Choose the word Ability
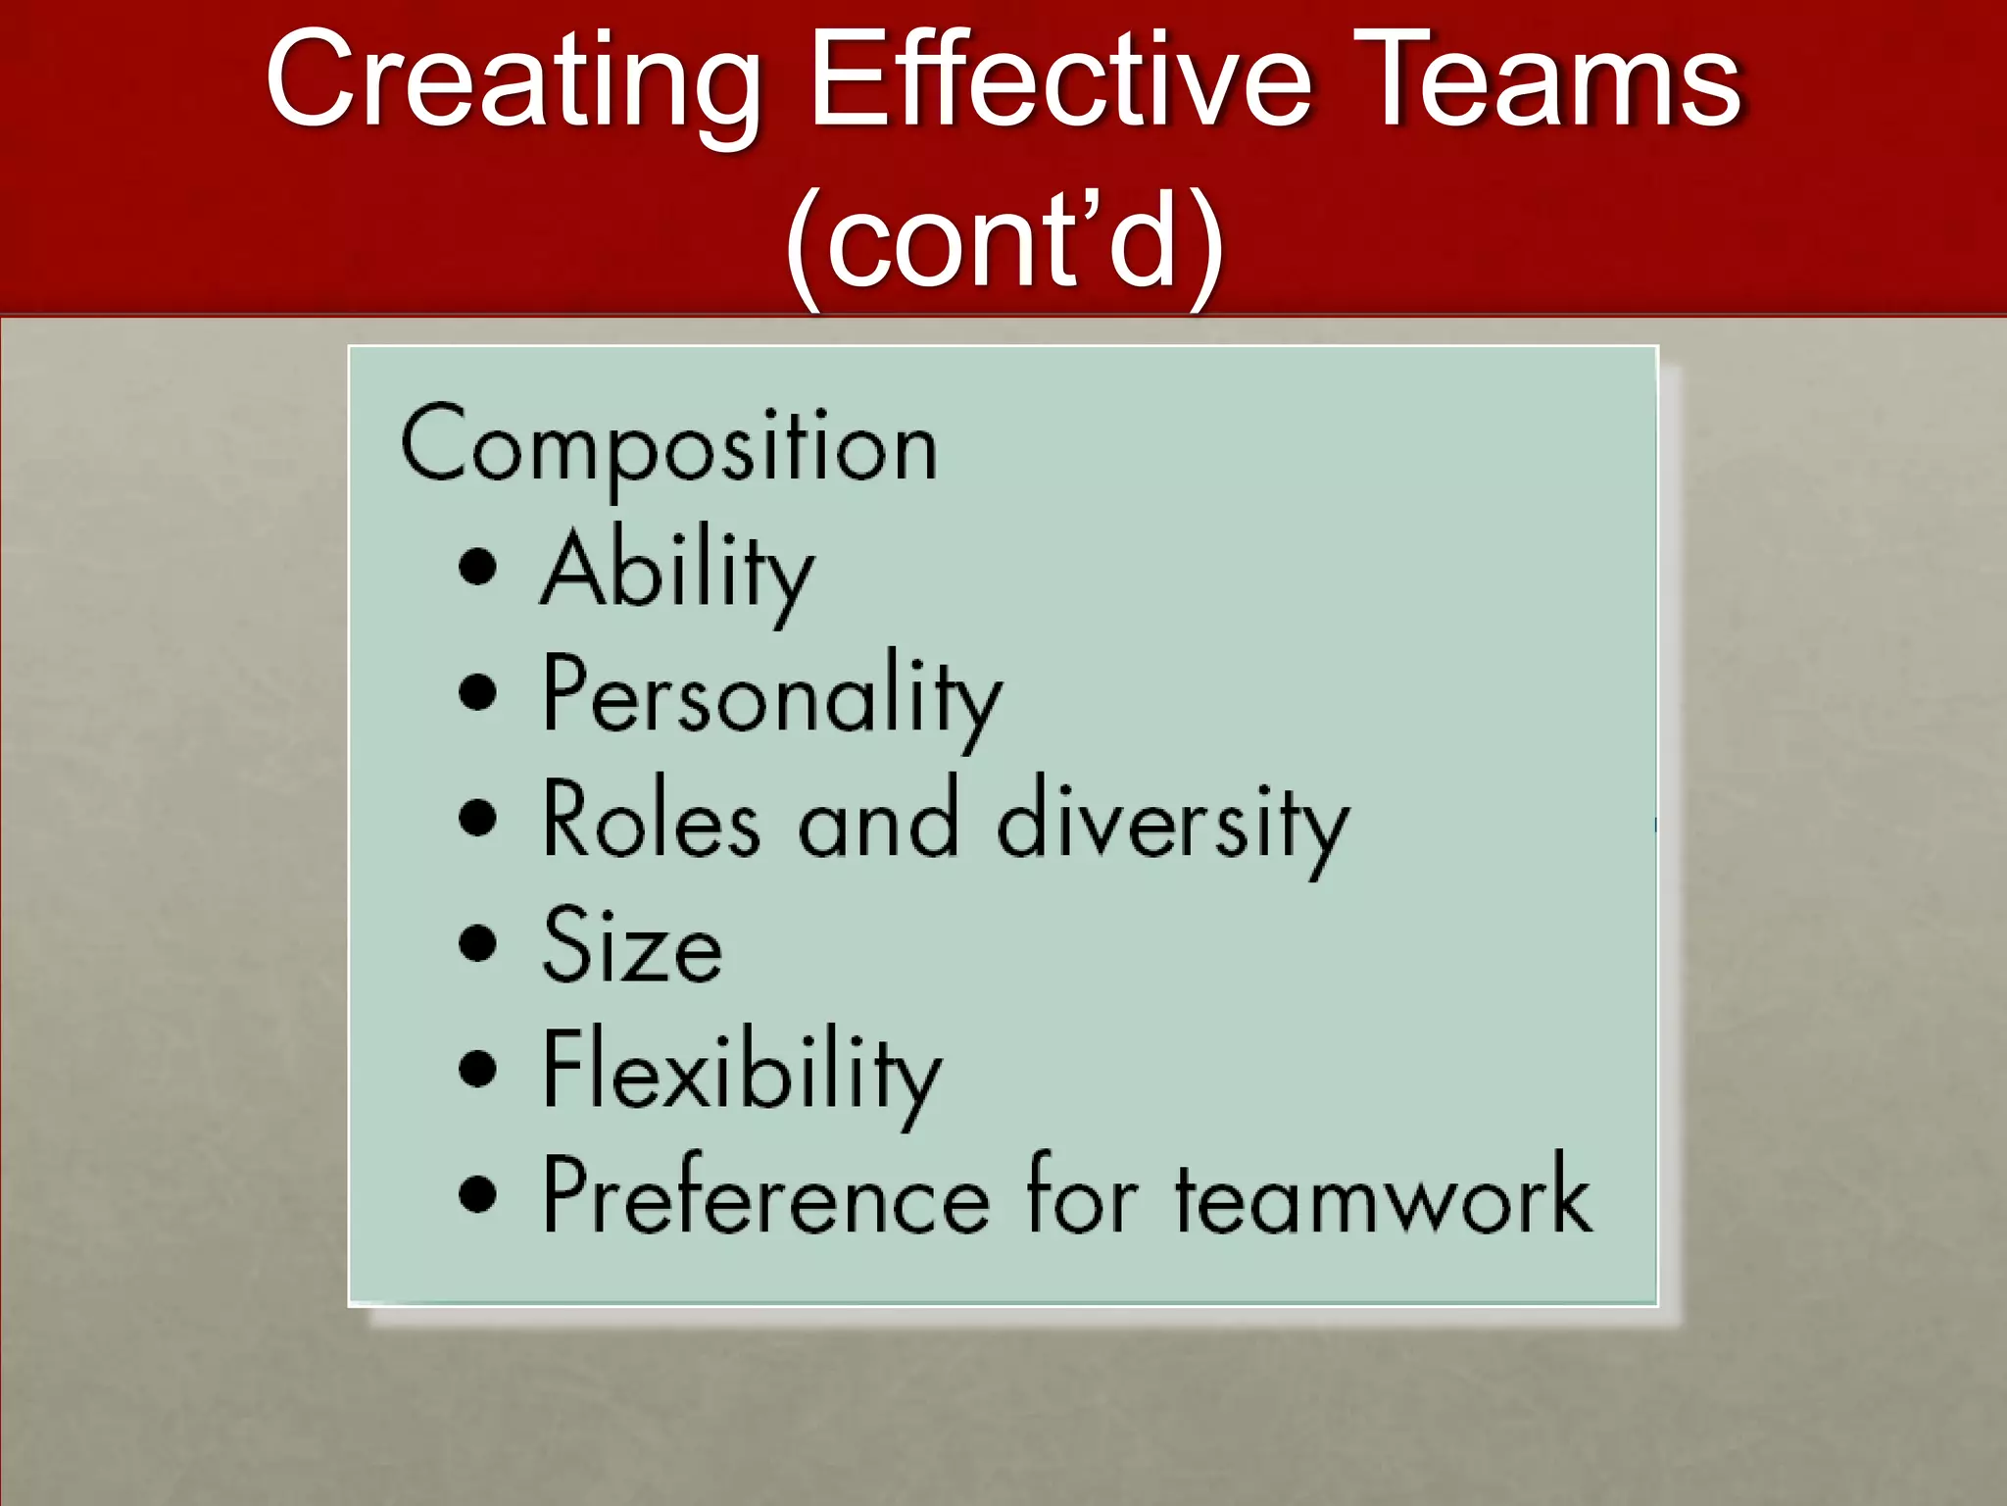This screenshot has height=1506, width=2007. coord(677,573)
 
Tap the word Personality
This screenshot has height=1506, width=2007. coord(772,697)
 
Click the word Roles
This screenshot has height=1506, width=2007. coord(651,822)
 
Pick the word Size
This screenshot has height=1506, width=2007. coord(633,946)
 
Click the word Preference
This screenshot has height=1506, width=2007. coord(766,1196)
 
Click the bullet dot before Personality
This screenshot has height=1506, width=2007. coord(477,692)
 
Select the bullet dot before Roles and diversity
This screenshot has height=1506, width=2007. coord(477,818)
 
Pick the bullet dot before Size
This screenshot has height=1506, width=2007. coord(477,943)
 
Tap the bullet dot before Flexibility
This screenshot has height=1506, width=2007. coord(477,1069)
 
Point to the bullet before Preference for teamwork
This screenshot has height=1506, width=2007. coord(477,1193)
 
